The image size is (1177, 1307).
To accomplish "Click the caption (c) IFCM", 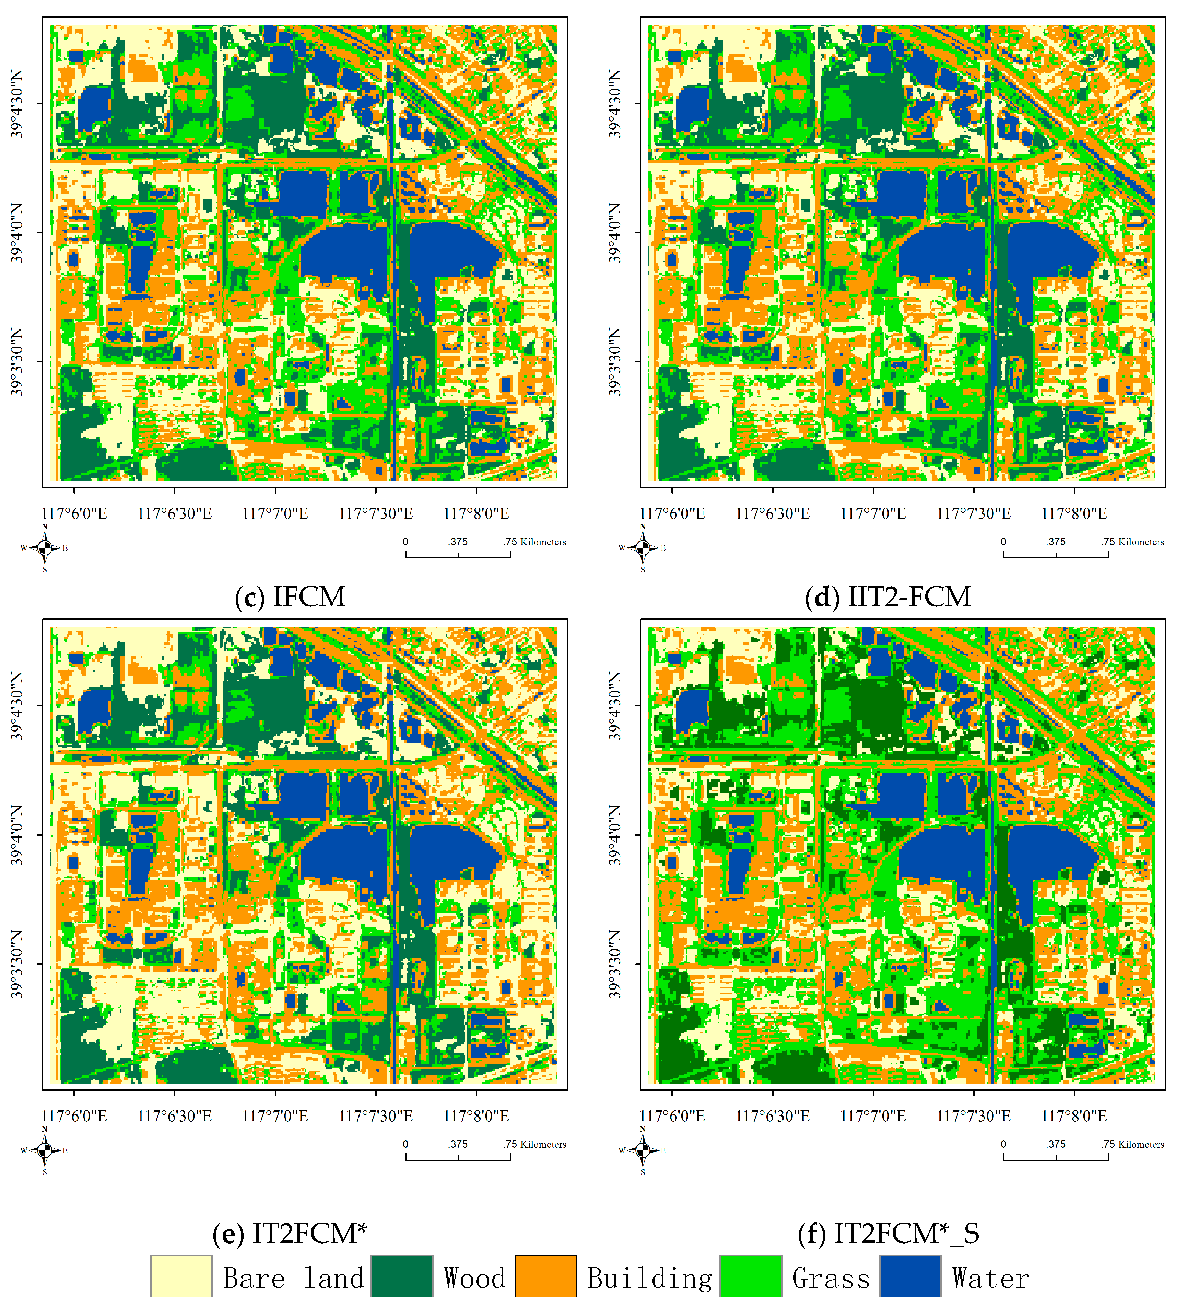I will click(x=290, y=596).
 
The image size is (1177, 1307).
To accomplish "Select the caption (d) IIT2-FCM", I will click(x=888, y=596).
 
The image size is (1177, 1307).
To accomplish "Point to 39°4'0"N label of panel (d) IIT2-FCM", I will click(x=614, y=233).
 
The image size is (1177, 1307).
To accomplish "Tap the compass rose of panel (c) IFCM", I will click(x=45, y=548).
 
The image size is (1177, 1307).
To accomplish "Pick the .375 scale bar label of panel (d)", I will click(x=1056, y=542).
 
